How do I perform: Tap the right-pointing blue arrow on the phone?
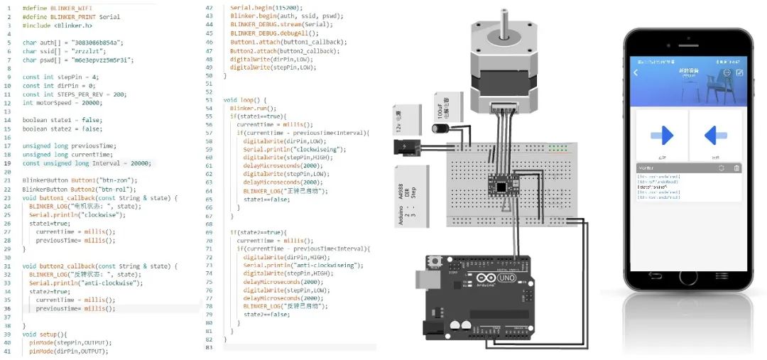click(x=662, y=135)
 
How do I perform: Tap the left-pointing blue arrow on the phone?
click(x=714, y=135)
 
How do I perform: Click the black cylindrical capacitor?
click(x=438, y=129)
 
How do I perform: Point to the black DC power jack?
click(x=406, y=148)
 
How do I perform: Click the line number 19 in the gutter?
click(x=8, y=163)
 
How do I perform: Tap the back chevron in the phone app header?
click(x=636, y=73)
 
